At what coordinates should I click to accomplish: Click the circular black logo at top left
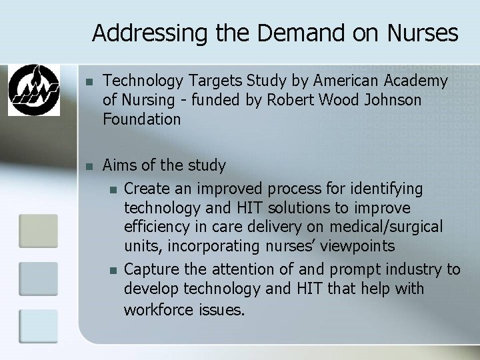(x=33, y=89)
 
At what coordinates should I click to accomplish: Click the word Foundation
(x=142, y=120)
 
